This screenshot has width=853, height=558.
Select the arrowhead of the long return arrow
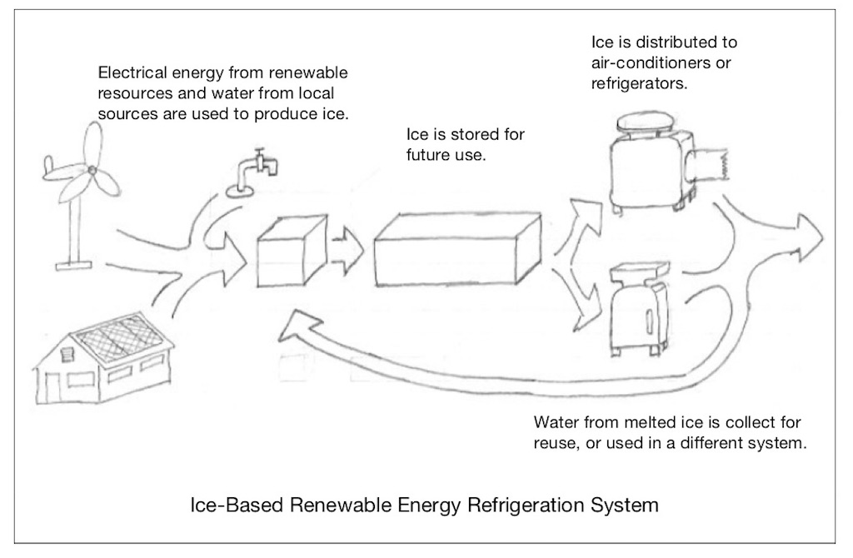(297, 324)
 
